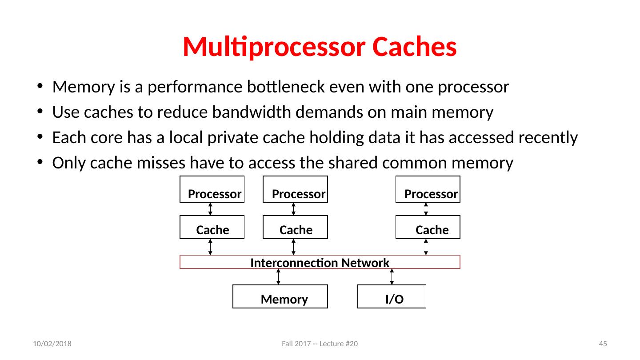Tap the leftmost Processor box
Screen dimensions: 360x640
[212, 190]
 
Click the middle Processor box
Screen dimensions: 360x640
[295, 190]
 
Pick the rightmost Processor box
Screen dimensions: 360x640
[428, 190]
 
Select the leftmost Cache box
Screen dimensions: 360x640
[212, 227]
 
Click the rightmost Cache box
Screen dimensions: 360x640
[428, 227]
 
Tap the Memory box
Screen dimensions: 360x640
[280, 296]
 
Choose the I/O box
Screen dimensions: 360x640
[392, 296]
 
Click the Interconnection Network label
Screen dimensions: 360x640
[320, 263]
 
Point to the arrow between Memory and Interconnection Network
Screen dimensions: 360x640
[278, 276]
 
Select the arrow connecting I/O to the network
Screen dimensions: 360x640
[392, 276]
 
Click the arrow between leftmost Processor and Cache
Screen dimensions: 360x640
[210, 209]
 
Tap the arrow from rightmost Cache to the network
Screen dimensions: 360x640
[426, 247]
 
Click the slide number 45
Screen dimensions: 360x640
[603, 344]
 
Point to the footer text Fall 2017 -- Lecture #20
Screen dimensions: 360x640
[320, 344]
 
